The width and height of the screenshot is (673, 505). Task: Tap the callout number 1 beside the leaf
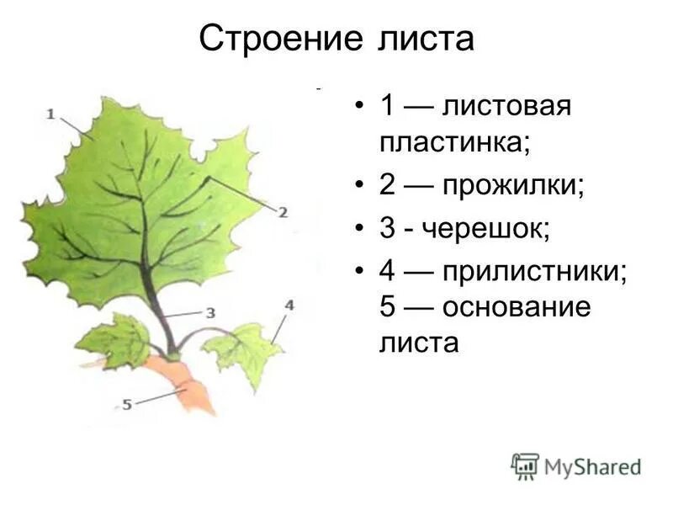coord(51,113)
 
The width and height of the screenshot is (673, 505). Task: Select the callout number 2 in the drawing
coord(283,212)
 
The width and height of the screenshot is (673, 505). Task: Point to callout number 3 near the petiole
coord(210,312)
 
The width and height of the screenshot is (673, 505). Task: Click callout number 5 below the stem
coord(127,404)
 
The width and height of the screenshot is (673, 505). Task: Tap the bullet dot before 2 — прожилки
coord(359,187)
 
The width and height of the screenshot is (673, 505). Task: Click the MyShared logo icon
coord(525,465)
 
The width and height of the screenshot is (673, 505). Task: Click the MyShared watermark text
coord(592,466)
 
